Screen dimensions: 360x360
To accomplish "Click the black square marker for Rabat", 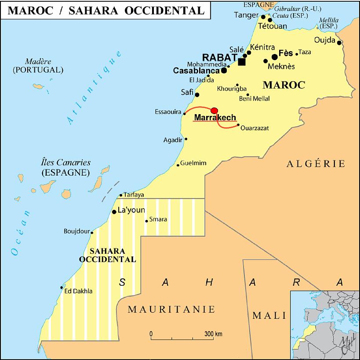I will click(242, 62).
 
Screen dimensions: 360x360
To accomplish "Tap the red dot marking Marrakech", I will click(214, 110).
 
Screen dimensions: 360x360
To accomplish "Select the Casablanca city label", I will click(196, 71).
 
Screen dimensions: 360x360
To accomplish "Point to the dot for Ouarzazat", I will click(238, 125).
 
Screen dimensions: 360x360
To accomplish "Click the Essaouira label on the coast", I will click(168, 112).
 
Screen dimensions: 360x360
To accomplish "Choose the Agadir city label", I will click(173, 140).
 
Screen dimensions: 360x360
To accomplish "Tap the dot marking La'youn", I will click(114, 212).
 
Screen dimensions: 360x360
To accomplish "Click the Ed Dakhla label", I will click(78, 291).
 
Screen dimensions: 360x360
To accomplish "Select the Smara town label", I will click(158, 220).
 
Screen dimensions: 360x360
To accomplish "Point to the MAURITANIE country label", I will click(171, 310).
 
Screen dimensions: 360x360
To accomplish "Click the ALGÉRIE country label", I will click(316, 164).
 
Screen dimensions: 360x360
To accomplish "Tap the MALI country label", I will click(269, 315).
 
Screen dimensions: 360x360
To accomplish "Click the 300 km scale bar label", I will click(213, 334).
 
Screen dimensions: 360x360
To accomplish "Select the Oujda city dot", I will click(339, 43).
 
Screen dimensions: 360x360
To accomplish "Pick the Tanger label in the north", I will click(246, 15).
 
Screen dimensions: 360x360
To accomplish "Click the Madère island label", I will click(38, 61).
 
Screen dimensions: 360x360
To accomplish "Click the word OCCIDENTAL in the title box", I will click(169, 11).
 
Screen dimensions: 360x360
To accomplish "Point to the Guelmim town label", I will click(193, 163).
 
